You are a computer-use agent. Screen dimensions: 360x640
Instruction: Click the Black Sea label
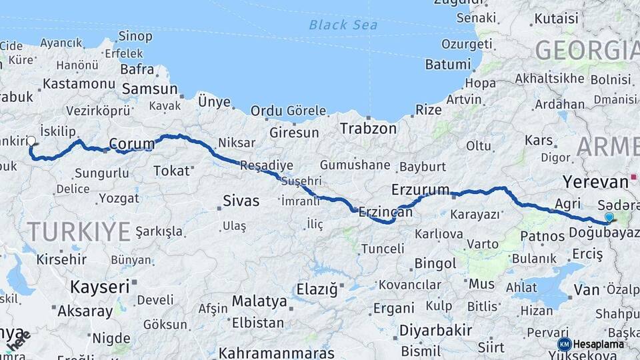(343, 25)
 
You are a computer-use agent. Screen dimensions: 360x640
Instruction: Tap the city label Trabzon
(368, 128)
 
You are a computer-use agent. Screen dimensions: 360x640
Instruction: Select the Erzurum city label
(421, 189)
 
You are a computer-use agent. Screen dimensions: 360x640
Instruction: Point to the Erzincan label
(385, 212)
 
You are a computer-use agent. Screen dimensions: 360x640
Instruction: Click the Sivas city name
(241, 201)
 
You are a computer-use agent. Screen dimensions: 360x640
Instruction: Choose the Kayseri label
(99, 287)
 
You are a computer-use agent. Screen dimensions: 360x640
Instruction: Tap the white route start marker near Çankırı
(31, 141)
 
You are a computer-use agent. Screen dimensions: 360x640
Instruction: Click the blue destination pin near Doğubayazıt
(609, 217)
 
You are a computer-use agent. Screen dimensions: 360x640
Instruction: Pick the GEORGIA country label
(587, 51)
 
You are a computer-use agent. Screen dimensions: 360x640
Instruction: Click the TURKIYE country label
(78, 232)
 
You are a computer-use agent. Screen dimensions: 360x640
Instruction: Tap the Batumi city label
(447, 65)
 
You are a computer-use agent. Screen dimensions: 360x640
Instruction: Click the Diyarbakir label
(435, 330)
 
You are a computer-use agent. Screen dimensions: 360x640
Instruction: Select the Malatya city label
(259, 301)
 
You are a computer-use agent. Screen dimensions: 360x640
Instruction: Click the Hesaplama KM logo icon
(564, 344)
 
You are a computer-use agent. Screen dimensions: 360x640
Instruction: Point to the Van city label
(587, 290)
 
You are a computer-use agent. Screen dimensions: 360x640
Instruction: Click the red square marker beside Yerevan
(633, 180)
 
